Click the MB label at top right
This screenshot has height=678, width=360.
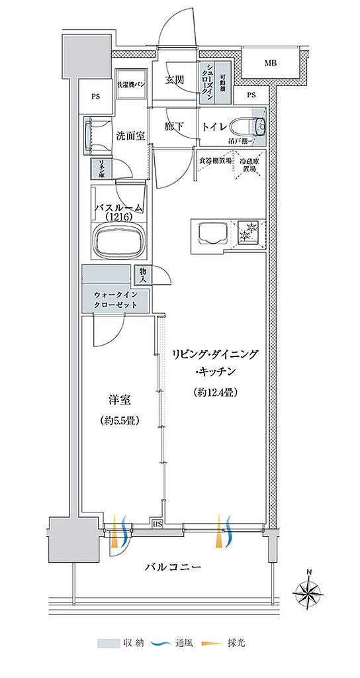(x=270, y=64)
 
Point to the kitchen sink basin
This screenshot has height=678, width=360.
(x=210, y=234)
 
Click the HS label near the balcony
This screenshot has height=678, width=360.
(x=157, y=524)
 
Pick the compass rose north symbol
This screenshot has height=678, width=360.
(x=308, y=589)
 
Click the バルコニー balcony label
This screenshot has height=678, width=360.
(x=173, y=567)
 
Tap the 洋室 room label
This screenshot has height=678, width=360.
(x=120, y=401)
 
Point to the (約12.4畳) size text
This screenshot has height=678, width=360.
(x=216, y=392)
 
